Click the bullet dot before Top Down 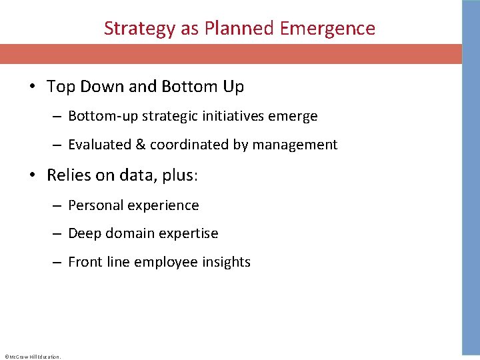point(33,87)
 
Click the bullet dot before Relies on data point(33,175)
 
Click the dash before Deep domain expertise point(57,234)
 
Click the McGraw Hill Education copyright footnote point(33,356)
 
